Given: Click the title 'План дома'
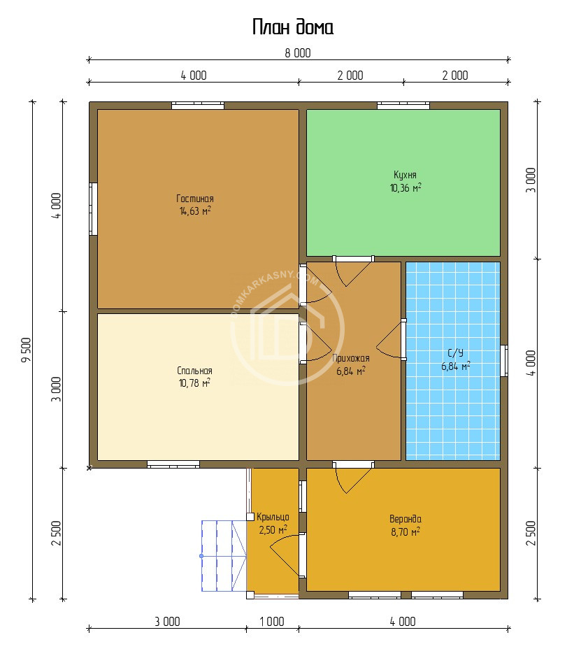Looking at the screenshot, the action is tap(293, 27).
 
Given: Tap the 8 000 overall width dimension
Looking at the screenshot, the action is tap(298, 53).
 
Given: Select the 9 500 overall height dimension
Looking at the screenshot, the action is tap(27, 350).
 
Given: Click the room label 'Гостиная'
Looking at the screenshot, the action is tap(195, 199).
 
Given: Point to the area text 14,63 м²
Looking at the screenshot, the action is tap(195, 211).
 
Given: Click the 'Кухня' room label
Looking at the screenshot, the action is tap(405, 175).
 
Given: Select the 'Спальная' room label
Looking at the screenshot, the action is tap(194, 371).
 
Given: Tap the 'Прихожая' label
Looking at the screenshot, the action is tap(351, 358).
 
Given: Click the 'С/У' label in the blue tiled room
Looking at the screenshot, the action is tap(456, 353).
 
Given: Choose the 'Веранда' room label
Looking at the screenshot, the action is tap(406, 519).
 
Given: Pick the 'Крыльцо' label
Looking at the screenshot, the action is tap(273, 517).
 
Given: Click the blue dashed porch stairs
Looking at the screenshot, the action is tap(224, 555).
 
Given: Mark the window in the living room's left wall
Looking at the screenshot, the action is tap(93, 209).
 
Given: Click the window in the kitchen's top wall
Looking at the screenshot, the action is tap(403, 106).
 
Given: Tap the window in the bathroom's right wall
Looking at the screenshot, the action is tap(504, 361).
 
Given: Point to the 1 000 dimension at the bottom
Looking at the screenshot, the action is tap(272, 622).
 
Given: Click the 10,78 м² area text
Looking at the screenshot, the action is tap(194, 383).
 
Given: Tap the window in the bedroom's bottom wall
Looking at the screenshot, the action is tap(173, 464).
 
